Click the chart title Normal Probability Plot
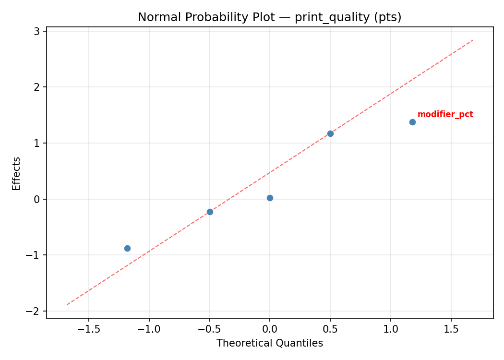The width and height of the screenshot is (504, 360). tap(269, 17)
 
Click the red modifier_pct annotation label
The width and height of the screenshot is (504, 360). tap(445, 114)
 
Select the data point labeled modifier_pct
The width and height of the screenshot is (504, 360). tap(412, 122)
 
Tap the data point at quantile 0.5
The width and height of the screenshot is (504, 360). tap(330, 133)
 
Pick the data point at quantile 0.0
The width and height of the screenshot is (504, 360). tap(270, 198)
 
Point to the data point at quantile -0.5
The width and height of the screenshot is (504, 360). tap(210, 212)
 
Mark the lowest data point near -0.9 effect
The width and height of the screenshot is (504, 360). tap(127, 248)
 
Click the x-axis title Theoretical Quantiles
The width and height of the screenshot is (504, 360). tap(269, 343)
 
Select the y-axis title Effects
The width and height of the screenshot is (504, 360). tap(17, 173)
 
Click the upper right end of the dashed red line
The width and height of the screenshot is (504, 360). tap(473, 40)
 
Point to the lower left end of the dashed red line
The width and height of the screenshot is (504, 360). tap(67, 304)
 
